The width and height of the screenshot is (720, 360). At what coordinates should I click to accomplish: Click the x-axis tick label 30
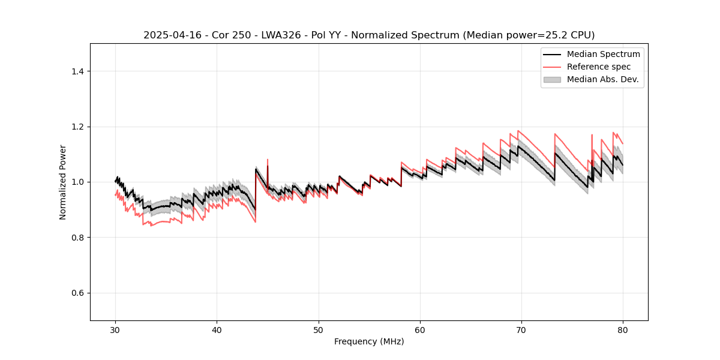coord(115,330)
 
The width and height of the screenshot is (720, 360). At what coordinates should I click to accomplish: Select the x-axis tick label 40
coord(217,330)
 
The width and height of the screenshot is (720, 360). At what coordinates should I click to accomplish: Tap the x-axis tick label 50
coord(318,330)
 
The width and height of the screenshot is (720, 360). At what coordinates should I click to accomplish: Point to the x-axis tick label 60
coord(420,330)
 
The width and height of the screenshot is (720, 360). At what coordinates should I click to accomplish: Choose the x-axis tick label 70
coord(521,330)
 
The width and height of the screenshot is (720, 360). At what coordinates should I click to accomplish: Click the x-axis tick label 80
coord(623,330)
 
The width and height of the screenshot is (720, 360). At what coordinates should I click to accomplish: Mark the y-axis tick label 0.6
coord(77,293)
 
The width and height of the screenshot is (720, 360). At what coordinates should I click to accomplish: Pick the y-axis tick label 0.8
coord(77,238)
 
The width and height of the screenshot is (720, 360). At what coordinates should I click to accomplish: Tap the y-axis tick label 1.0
coord(77,182)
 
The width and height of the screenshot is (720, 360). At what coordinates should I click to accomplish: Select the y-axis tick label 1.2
coord(77,127)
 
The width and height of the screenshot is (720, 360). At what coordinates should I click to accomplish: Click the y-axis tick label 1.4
coord(77,71)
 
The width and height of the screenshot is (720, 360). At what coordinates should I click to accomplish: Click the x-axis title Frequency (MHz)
coord(369,342)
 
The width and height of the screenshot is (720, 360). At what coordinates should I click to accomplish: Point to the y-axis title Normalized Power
coord(63,182)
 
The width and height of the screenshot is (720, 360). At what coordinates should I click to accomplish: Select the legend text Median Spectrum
coord(603,54)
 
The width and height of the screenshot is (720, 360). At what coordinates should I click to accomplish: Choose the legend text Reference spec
coord(599,67)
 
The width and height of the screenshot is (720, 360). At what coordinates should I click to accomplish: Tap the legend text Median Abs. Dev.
coord(602,79)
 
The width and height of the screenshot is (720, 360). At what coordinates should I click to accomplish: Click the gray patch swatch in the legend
coord(552,79)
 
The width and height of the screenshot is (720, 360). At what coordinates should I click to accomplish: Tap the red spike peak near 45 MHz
coord(268,160)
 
